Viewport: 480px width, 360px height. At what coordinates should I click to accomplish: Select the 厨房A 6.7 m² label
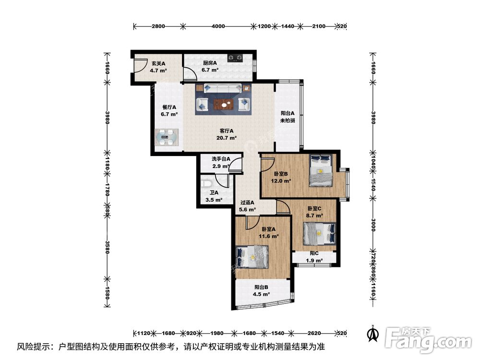click(210, 66)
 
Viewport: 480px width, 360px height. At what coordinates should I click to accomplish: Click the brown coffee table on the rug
click(224, 104)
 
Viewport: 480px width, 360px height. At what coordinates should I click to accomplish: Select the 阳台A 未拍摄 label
click(288, 117)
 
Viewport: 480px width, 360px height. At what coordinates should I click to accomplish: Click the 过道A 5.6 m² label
click(247, 206)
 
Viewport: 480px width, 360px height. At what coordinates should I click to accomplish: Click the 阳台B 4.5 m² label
click(262, 291)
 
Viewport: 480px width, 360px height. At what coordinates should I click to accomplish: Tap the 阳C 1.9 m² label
click(314, 257)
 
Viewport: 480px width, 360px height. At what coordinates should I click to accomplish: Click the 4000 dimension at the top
click(218, 26)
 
